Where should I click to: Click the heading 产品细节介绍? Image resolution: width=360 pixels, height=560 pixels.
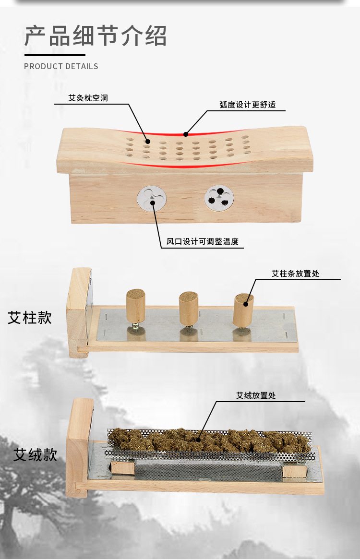point(96,36)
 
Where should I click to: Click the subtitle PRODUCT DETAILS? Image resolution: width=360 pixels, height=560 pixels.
point(61,66)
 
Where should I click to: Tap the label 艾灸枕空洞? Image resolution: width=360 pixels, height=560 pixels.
point(88,98)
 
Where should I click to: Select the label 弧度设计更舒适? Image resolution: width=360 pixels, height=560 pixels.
point(247,105)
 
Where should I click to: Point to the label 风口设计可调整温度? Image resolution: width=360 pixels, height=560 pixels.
point(202,241)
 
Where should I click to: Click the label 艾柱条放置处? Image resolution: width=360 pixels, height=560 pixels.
point(295,274)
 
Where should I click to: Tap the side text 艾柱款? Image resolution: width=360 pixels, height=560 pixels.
point(30,318)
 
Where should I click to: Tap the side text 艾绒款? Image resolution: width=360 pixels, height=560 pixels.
point(35,454)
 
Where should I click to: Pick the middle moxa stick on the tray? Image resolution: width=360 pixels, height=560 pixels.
point(188,309)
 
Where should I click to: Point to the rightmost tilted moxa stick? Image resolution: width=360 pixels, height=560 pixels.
point(243,310)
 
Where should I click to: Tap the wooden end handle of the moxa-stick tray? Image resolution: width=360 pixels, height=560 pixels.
point(79,312)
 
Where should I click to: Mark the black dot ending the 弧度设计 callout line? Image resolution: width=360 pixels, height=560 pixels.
point(186,133)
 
